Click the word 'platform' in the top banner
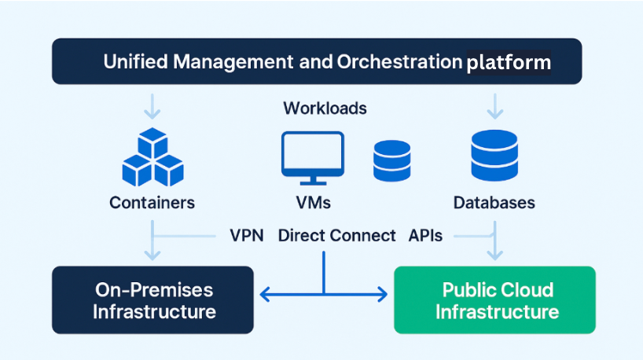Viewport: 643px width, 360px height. coord(508,62)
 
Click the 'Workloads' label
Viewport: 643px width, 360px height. coord(325,108)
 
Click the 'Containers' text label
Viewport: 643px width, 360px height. coord(152,203)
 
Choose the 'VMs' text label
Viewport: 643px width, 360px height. coord(313,203)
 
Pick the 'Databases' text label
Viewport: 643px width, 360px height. coord(494,203)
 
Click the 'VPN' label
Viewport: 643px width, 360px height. coord(246,236)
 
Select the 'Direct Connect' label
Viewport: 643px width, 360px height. coord(336,236)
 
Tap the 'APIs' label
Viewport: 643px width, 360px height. coord(425,236)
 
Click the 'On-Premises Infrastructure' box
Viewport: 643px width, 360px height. coord(153,300)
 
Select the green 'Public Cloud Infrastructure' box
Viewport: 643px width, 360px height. coord(494,300)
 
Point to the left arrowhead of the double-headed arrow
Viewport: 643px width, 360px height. coord(265,295)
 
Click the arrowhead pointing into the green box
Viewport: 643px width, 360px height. coord(383,295)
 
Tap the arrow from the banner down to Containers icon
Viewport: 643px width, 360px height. coord(153,105)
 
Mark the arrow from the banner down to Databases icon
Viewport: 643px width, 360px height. coord(494,105)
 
